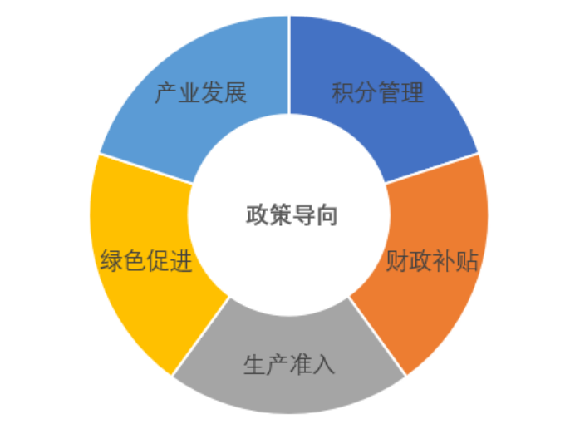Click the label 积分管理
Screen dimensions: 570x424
point(377,92)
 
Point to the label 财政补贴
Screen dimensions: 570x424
point(433,261)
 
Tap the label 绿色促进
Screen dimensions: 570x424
point(146,263)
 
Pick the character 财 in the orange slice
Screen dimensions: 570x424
point(398,261)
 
